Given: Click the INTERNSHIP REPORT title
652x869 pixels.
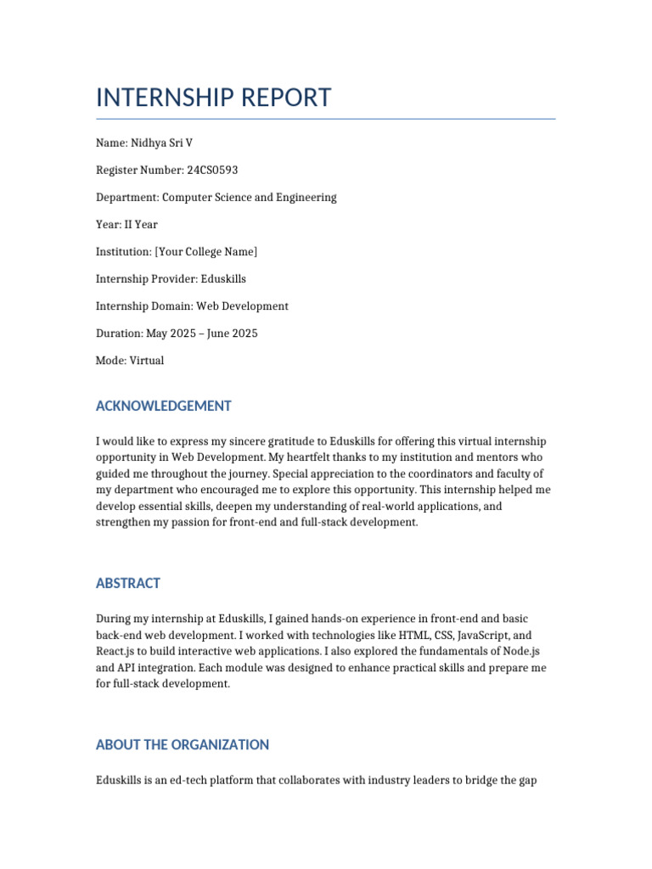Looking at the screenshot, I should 213,98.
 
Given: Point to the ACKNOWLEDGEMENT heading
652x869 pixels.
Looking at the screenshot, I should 163,406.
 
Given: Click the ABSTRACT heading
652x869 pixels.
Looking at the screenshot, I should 128,583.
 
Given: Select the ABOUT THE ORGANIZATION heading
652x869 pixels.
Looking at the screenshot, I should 183,744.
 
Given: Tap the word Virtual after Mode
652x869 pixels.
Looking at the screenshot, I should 148,360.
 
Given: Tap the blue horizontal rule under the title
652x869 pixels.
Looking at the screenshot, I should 326,119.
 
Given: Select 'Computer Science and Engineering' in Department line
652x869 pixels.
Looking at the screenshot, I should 250,197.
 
